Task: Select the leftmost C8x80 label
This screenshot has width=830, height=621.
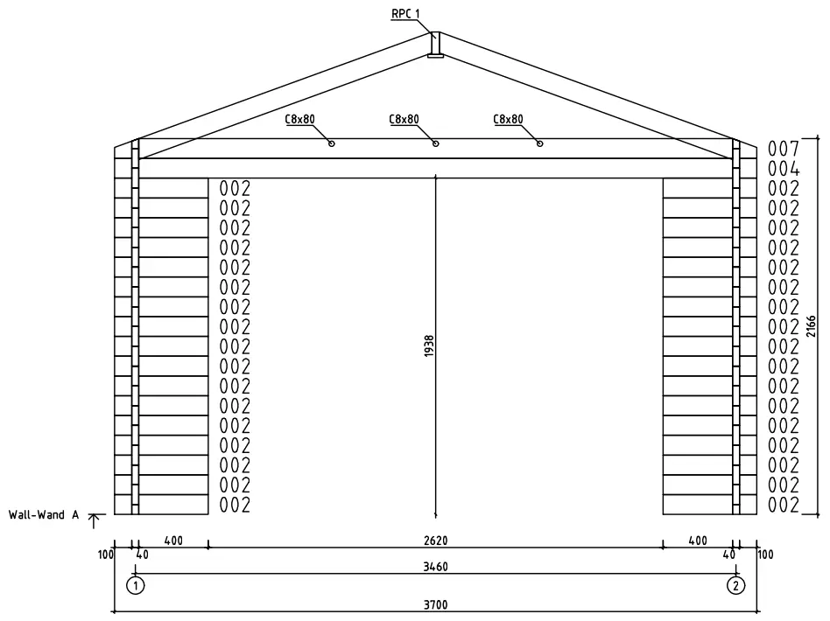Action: (x=299, y=120)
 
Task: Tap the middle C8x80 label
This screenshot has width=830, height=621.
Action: (x=404, y=120)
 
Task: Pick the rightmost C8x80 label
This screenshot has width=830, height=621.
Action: (x=508, y=120)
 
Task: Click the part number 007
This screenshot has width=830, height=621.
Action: (x=783, y=148)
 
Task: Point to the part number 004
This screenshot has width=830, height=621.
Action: (x=783, y=168)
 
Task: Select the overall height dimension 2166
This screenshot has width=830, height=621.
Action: (x=812, y=326)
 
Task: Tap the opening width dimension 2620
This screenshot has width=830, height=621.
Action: (x=435, y=541)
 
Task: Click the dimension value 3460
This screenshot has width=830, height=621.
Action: (x=435, y=567)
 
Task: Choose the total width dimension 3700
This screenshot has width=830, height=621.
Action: (x=435, y=604)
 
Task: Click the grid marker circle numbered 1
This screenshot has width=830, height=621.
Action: (x=135, y=585)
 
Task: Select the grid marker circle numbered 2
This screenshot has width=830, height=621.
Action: (x=736, y=585)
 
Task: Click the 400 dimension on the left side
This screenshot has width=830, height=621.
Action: (x=172, y=541)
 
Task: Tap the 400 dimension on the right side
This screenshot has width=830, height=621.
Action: (x=698, y=541)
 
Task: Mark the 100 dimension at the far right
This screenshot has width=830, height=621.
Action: (x=765, y=555)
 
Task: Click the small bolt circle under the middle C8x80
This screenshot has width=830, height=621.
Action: (x=436, y=143)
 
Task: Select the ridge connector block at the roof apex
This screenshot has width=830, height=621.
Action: (x=435, y=46)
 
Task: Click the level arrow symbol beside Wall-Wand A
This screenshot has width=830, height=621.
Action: (x=95, y=519)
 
